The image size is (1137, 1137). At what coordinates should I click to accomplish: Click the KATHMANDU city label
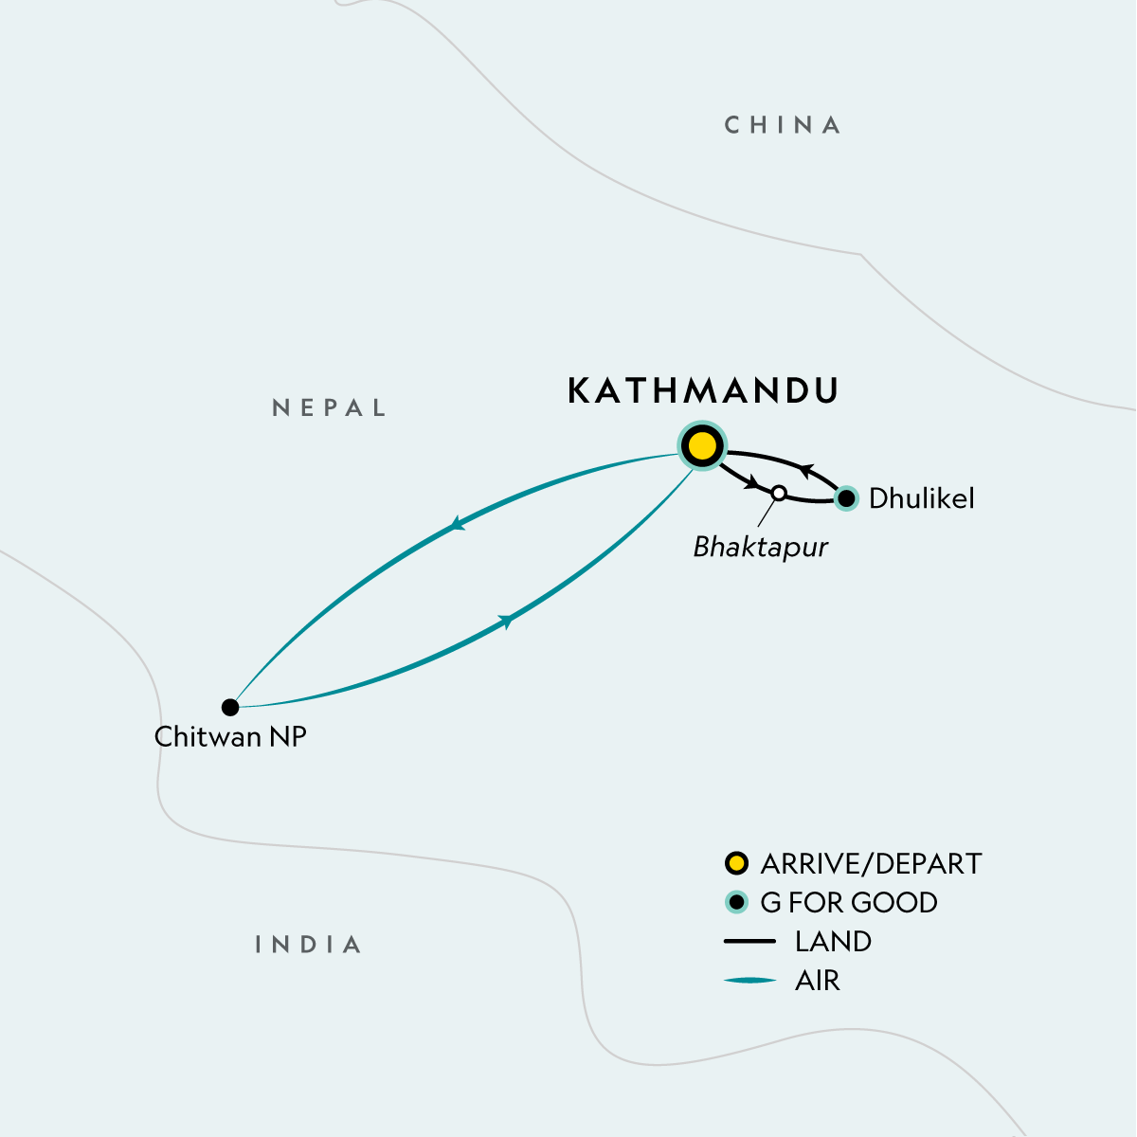point(703,391)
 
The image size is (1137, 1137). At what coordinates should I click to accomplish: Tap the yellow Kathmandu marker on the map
point(702,445)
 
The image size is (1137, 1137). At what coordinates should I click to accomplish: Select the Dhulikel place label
point(921,498)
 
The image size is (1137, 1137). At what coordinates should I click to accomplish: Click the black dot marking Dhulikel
point(846,497)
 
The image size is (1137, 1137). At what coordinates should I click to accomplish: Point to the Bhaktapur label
point(760,547)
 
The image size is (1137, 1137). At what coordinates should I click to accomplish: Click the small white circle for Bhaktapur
point(779,493)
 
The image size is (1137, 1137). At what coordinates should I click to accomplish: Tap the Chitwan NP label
point(230,737)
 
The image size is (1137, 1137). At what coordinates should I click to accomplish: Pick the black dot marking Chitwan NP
point(230,707)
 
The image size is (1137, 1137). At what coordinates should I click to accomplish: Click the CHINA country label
point(783,125)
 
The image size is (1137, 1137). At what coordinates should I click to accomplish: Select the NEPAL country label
point(330,408)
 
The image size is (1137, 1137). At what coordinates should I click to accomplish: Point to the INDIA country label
point(309,945)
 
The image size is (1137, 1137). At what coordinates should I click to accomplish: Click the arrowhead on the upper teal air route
point(458,524)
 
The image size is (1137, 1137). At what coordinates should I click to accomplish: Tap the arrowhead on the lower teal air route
point(508,621)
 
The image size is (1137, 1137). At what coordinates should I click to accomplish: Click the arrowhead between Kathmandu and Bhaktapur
point(753,484)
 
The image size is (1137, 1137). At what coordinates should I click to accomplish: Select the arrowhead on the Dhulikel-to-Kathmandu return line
point(804,468)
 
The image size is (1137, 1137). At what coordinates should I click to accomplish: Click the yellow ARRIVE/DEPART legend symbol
point(736,863)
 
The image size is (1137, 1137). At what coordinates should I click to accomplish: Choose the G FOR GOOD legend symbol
point(736,902)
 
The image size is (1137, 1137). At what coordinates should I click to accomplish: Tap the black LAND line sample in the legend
point(749,942)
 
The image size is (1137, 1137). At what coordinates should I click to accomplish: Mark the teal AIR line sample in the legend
point(749,981)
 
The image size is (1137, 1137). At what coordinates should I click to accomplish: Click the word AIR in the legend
point(818,981)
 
